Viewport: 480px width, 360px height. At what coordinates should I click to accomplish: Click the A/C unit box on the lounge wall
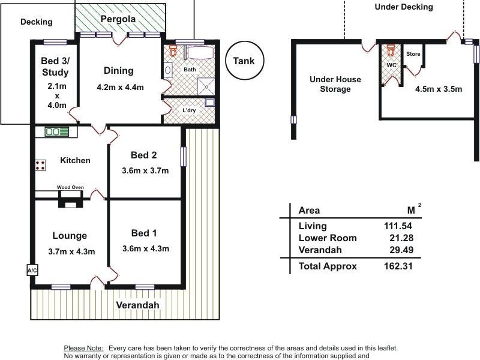coord(32,270)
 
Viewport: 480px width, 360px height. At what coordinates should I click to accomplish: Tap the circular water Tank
coord(244,61)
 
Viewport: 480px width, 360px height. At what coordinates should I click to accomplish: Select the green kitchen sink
coord(56,132)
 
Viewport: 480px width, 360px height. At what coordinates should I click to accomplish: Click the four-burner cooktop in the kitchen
coord(40,166)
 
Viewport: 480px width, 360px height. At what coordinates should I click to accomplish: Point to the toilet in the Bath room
coord(173,51)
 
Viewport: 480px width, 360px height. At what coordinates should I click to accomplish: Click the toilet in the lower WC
coord(391,50)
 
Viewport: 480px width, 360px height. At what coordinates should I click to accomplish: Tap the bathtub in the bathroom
coord(200,52)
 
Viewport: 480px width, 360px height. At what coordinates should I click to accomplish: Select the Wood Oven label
coord(70,187)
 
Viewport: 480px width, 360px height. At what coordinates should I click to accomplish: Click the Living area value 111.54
coord(398,226)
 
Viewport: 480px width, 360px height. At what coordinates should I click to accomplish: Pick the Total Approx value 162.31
coord(398,266)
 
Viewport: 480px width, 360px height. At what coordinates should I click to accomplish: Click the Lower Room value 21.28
coord(401,238)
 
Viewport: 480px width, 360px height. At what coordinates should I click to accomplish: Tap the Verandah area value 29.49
coord(401,250)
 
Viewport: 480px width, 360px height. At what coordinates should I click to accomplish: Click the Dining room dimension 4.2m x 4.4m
coord(121,87)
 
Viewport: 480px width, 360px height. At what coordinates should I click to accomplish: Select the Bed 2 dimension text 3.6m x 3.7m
coord(145,170)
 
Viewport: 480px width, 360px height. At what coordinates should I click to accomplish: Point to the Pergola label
coord(118,19)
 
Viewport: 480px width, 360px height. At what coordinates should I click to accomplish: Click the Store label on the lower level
coord(413,54)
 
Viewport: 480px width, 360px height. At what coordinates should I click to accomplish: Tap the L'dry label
coord(189,110)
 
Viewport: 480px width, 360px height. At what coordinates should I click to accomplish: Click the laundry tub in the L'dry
coord(209,102)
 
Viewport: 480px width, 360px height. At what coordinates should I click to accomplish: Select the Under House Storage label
coord(335,84)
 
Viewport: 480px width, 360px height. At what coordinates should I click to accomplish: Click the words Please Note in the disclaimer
coord(83,348)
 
